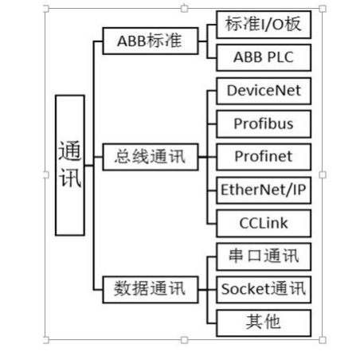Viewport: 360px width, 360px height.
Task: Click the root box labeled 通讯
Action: coord(70,165)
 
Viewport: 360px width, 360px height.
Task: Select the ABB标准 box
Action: coord(151,41)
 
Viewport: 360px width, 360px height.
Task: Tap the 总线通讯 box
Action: coord(151,157)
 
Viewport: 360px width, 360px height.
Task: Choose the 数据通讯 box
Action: coord(151,289)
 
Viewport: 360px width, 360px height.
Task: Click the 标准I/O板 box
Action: coord(264,25)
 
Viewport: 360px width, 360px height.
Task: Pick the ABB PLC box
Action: coord(264,57)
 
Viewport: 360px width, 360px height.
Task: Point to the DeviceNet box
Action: coord(264,91)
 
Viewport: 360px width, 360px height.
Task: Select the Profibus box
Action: coord(264,124)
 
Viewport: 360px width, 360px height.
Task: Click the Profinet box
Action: coord(264,157)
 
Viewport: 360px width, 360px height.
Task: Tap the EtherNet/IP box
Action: coord(264,190)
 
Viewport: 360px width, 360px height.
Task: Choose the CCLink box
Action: coord(264,223)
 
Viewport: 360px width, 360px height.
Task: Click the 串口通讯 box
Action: coord(264,256)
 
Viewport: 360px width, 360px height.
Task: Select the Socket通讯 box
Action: coord(264,289)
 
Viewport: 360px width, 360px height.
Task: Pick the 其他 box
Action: coord(264,323)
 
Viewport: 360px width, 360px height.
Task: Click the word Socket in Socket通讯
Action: coord(245,289)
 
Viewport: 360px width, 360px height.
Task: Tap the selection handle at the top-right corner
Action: coord(323,9)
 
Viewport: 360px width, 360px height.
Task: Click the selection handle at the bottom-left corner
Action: coord(46,340)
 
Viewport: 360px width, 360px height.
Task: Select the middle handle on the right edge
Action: coord(323,174)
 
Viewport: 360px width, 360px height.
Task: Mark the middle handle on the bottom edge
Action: coord(184,340)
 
